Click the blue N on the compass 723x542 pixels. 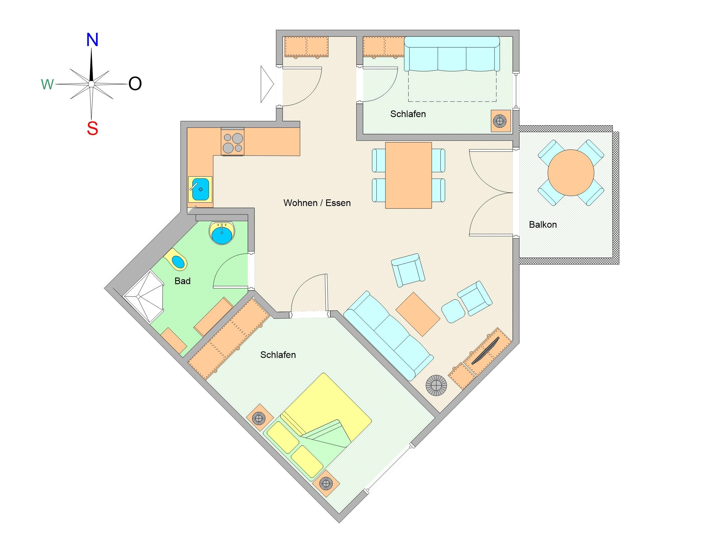pyautogui.click(x=92, y=40)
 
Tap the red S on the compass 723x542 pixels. pyautogui.click(x=93, y=128)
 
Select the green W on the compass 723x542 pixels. pyautogui.click(x=47, y=85)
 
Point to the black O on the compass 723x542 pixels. pyautogui.click(x=135, y=84)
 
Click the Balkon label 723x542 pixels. pyautogui.click(x=543, y=224)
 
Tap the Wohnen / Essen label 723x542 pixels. pyautogui.click(x=317, y=203)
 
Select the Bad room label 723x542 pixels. pyautogui.click(x=182, y=281)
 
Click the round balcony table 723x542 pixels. pyautogui.click(x=571, y=173)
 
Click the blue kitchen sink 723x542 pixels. pyautogui.click(x=200, y=190)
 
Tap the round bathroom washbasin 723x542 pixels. pyautogui.click(x=222, y=233)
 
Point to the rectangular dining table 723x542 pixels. pyautogui.click(x=408, y=175)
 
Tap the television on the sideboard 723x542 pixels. pyautogui.click(x=485, y=351)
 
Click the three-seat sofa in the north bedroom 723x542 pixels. pyautogui.click(x=452, y=53)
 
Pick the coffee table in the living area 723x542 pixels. pyautogui.click(x=418, y=314)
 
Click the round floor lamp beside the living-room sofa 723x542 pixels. pyautogui.click(x=436, y=386)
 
